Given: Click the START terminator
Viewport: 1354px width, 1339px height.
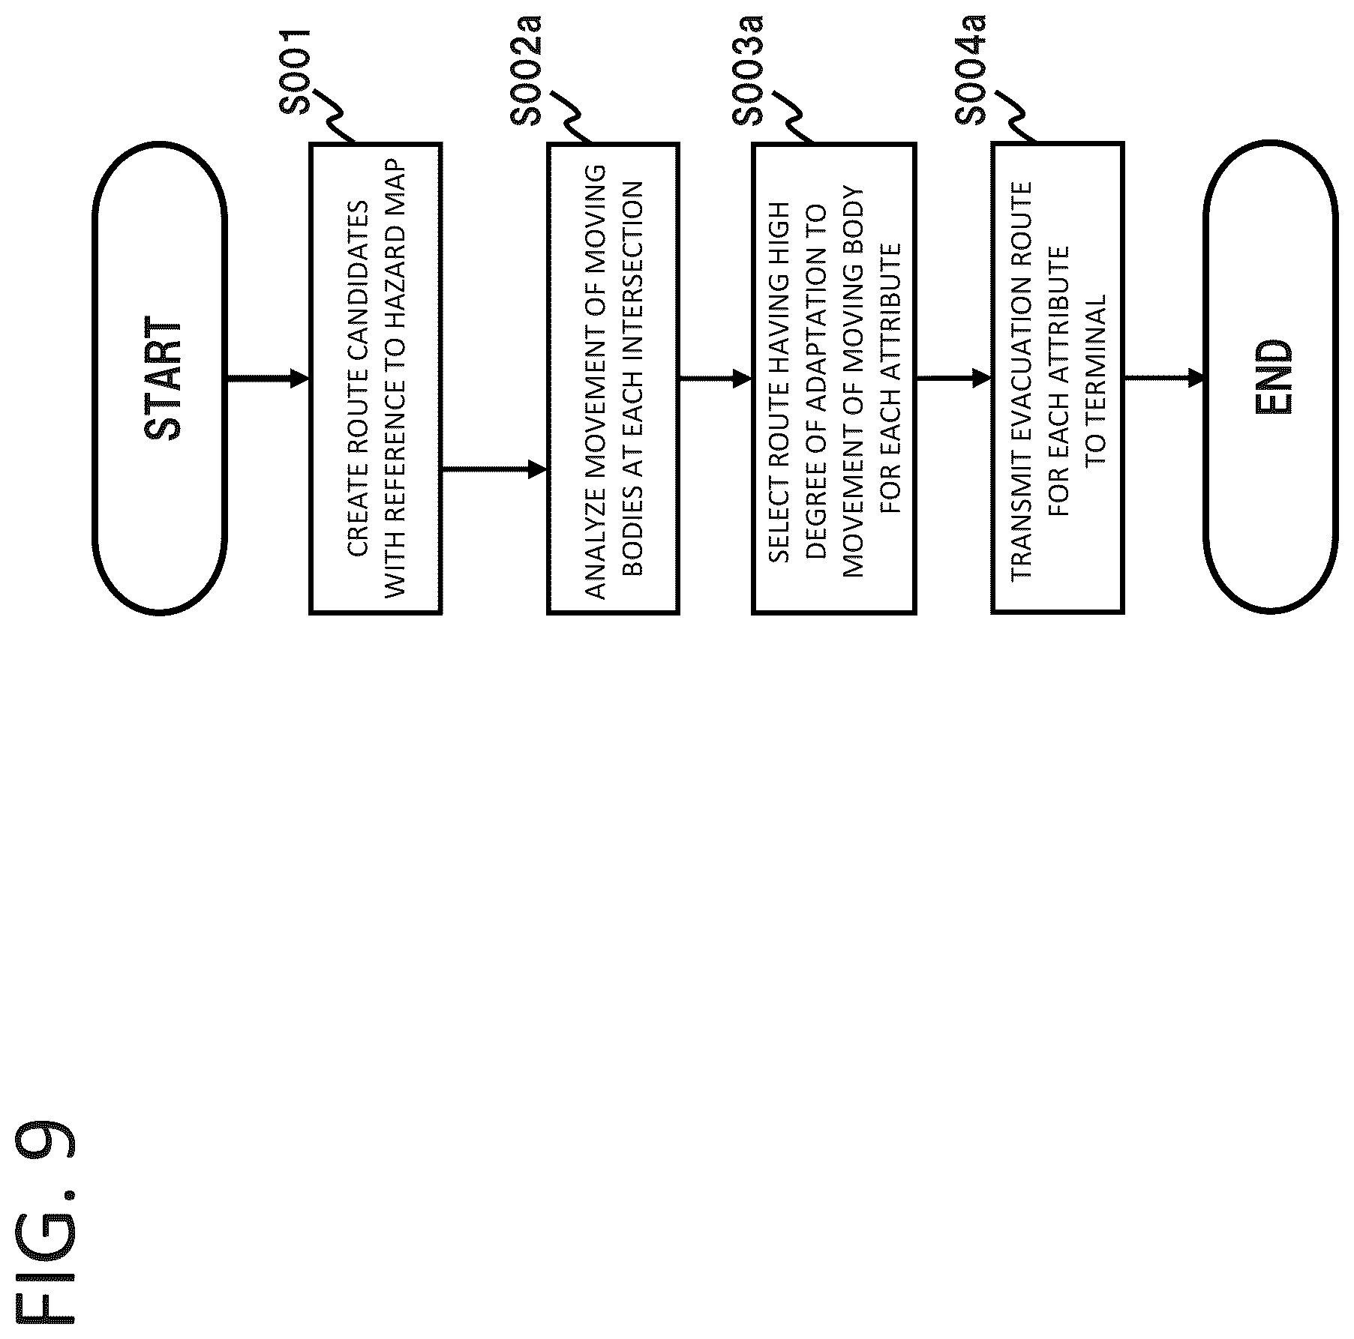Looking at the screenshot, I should coord(160,379).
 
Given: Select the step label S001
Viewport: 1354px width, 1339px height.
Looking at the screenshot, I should coord(294,71).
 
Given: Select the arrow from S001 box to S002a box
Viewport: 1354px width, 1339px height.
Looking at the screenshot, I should coord(494,470).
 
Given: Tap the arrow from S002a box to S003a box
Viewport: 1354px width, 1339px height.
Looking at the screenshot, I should coord(715,379).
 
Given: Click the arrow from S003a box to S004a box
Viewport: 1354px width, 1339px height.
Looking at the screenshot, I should coord(953,379).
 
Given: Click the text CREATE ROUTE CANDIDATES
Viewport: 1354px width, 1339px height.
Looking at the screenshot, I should coord(358,379).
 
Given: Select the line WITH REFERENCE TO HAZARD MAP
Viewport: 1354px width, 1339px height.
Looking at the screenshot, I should coord(394,379).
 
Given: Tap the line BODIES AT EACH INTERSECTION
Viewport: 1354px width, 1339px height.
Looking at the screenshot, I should coord(632,379).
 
